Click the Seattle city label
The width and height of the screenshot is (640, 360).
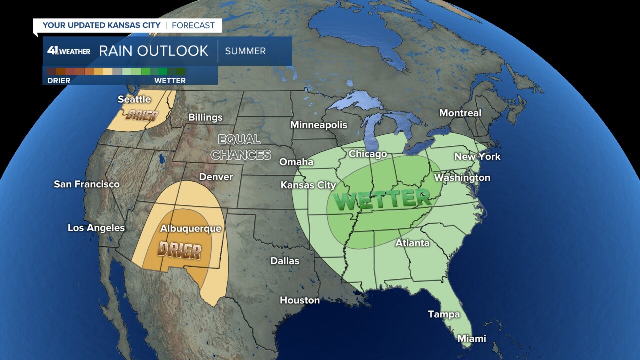pos(134,99)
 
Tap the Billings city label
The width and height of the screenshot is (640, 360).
pos(205,117)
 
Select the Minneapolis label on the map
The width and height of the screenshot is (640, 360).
pos(319,124)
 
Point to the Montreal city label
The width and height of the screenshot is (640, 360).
pos(460,113)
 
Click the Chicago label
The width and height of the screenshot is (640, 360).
pos(367,154)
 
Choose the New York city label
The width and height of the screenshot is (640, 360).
pos(477,156)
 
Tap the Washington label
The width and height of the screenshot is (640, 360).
pos(462,177)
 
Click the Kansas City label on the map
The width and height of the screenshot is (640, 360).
pos(308,185)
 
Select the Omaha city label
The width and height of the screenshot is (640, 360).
pos(296,162)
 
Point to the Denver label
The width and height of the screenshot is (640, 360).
pos(216,177)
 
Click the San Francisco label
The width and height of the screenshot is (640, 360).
pos(86,184)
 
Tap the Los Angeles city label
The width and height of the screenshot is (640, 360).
pos(96,228)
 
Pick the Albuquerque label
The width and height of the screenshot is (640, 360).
pos(190,228)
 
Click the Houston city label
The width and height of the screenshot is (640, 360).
pos(299,300)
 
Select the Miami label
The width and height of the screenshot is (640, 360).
pos(471,338)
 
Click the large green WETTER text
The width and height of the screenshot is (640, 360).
pos(382,199)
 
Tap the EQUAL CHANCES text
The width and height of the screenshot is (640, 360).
pos(241,147)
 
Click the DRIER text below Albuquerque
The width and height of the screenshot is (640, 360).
pos(180,250)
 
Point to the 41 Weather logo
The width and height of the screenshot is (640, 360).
pos(69,51)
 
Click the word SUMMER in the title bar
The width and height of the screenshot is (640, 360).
pos(245,51)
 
